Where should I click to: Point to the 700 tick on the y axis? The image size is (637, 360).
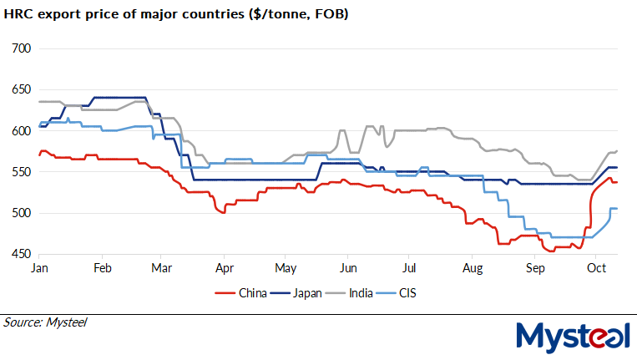pos(20,48)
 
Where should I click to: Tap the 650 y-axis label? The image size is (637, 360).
pos(20,89)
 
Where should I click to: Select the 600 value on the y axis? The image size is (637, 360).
pos(20,130)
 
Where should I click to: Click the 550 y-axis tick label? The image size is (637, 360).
pos(20,172)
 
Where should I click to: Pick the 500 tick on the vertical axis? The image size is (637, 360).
pos(20,213)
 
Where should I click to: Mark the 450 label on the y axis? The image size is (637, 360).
pos(20,254)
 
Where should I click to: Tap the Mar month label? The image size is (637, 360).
pos(162,268)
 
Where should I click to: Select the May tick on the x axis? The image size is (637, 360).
pos(286,268)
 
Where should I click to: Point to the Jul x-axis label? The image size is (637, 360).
pos(409,268)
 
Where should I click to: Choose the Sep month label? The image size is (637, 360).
pos(534,268)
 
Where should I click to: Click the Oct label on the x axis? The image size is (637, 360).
pos(596,268)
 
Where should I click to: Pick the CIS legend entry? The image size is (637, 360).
pos(411,292)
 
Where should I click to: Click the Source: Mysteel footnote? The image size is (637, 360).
pos(45,322)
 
